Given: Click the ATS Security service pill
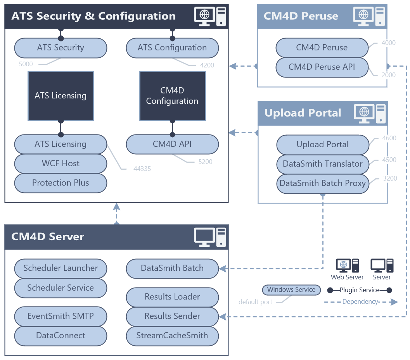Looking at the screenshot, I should pyautogui.click(x=61, y=48).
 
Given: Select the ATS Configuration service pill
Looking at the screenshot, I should pyautogui.click(x=172, y=48).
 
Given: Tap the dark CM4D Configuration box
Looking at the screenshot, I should pyautogui.click(x=172, y=96).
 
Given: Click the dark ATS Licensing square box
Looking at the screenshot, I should pyautogui.click(x=61, y=96).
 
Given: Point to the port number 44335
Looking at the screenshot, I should pyautogui.click(x=142, y=169).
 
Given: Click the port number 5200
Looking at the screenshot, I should pyautogui.click(x=206, y=162).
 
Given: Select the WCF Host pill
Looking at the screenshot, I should pyautogui.click(x=61, y=164).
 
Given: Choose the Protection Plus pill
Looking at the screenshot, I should pyautogui.click(x=61, y=183).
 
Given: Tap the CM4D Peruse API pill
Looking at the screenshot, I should pyautogui.click(x=322, y=67).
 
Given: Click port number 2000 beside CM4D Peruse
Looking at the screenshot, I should pyautogui.click(x=389, y=75).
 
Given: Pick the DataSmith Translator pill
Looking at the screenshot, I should pyautogui.click(x=323, y=164).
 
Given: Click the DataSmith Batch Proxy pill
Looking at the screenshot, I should pyautogui.click(x=323, y=183).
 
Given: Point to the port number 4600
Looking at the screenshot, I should pyautogui.click(x=389, y=138).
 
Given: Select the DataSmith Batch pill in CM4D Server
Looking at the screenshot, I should pyautogui.click(x=172, y=268).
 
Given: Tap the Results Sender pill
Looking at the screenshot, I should pyautogui.click(x=172, y=316).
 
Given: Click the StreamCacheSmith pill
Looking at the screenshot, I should pyautogui.click(x=172, y=336).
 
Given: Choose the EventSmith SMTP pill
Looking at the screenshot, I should pyautogui.click(x=61, y=316).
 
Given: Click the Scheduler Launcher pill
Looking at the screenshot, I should pyautogui.click(x=61, y=268).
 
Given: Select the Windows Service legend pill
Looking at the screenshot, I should pyautogui.click(x=291, y=290).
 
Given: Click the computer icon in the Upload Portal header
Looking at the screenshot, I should pyautogui.click(x=370, y=114).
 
